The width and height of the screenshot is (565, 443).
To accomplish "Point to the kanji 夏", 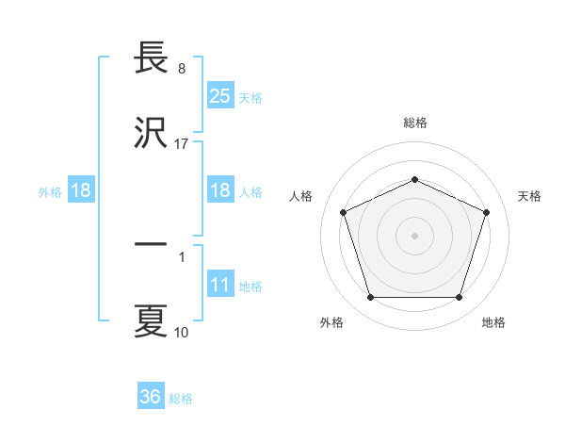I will [151, 320].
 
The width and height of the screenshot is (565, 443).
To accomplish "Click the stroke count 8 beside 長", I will [182, 70].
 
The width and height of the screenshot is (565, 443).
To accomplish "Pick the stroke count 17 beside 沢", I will [182, 143].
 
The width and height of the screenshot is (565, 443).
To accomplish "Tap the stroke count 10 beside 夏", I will [182, 332].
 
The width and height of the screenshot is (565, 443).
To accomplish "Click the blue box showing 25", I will [220, 96].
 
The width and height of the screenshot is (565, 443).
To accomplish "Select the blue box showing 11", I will [220, 285].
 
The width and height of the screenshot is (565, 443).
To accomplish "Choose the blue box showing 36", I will [151, 397].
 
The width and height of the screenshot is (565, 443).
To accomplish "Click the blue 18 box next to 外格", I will [81, 190].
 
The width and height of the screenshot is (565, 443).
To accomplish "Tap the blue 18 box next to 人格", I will [220, 190].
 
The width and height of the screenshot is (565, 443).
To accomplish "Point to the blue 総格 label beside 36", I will [181, 398].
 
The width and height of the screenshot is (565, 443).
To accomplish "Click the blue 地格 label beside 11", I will [250, 286].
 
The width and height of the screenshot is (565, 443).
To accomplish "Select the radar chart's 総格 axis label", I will [415, 123].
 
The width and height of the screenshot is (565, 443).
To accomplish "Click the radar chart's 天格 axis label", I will [529, 196].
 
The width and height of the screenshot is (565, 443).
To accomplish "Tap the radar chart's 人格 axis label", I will [301, 196].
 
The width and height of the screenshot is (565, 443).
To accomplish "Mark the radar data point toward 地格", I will [459, 298].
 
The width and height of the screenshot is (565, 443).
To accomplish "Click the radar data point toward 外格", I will [371, 298].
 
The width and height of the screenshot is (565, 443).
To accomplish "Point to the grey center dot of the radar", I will [415, 235].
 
